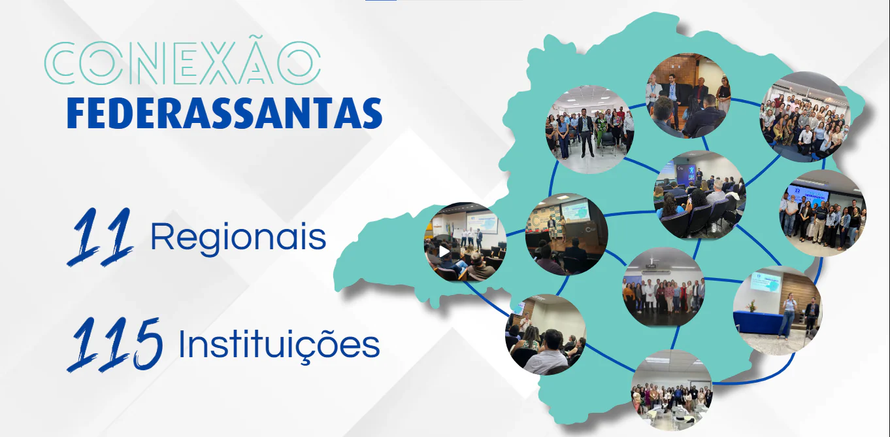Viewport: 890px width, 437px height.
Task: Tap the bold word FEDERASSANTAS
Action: click(x=225, y=113)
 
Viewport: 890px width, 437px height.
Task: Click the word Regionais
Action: click(x=239, y=237)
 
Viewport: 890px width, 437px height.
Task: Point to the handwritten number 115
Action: click(x=115, y=344)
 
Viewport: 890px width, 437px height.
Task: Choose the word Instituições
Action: click(x=279, y=344)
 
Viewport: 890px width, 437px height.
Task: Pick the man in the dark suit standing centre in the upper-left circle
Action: click(x=585, y=133)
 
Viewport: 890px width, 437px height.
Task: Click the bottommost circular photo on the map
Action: click(x=672, y=390)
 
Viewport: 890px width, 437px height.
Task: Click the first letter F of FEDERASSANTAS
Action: click(x=76, y=114)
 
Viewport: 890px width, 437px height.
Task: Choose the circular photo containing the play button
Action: click(x=465, y=242)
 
